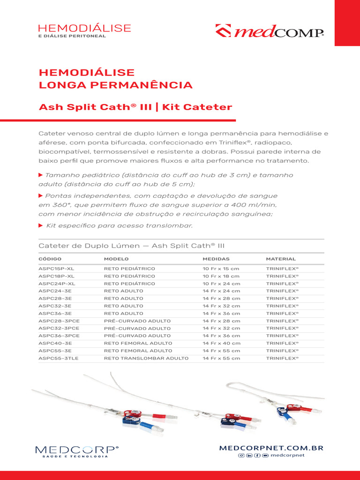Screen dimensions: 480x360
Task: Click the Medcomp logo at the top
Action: (x=270, y=31)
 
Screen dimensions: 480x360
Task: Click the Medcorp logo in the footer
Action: (x=77, y=451)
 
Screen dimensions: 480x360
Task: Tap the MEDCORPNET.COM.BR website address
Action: (x=271, y=448)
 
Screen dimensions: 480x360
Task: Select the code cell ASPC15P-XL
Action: (x=56, y=269)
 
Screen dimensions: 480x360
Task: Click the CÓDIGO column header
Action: (x=50, y=259)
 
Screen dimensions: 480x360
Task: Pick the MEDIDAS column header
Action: (x=216, y=259)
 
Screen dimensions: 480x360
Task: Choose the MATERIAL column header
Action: (x=281, y=259)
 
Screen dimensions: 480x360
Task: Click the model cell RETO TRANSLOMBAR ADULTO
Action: (x=146, y=358)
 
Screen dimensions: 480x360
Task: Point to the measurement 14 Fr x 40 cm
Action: (x=221, y=343)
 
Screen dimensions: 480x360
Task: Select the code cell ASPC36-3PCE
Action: (x=59, y=336)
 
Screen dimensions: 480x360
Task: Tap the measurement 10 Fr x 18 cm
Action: (x=221, y=276)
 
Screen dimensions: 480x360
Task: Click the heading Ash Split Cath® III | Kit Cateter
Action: (x=135, y=107)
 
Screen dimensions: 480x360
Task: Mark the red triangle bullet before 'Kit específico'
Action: (x=40, y=225)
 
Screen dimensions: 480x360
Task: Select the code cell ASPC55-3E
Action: (x=55, y=351)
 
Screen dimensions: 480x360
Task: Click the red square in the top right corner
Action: (x=347, y=22)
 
